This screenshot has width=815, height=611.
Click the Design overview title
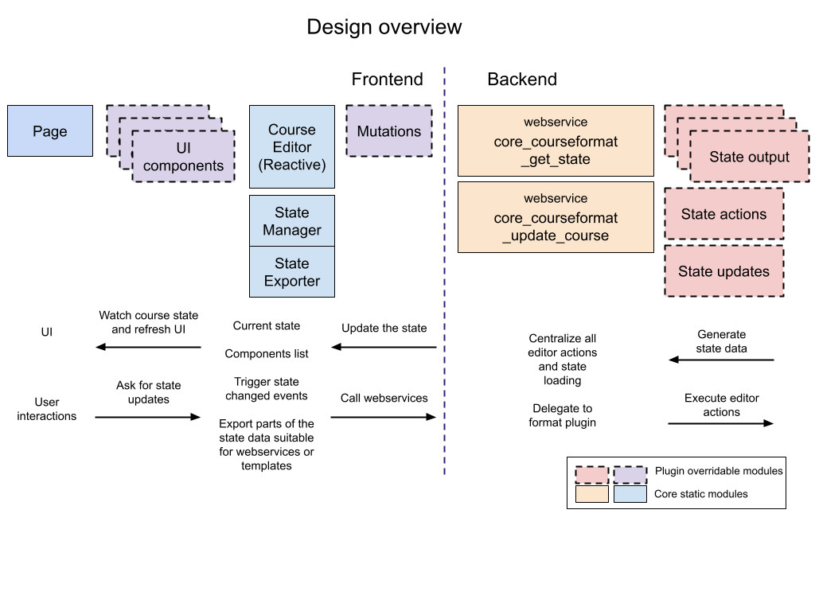click(x=384, y=27)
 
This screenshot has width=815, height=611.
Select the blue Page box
click(x=50, y=131)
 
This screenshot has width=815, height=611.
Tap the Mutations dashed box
click(x=388, y=131)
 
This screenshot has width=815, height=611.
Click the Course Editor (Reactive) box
click(x=291, y=147)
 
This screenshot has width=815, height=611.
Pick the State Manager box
click(x=291, y=221)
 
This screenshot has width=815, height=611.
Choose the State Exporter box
click(x=291, y=272)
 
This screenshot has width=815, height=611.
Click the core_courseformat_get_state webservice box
click(x=556, y=141)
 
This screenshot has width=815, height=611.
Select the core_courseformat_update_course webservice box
click(x=556, y=217)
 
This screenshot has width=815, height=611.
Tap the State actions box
click(x=723, y=214)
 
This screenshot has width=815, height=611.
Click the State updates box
click(x=723, y=271)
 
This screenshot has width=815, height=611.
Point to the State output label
click(x=749, y=157)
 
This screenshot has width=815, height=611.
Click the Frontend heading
click(x=387, y=79)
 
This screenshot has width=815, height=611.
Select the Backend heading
click(x=521, y=79)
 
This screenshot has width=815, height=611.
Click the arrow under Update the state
click(x=384, y=347)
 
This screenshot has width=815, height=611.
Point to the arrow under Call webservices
click(x=384, y=417)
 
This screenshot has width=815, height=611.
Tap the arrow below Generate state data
click(x=721, y=360)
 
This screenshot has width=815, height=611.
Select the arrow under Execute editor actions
click(x=721, y=423)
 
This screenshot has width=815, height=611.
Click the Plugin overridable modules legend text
click(x=718, y=471)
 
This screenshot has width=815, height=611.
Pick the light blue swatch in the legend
click(x=630, y=494)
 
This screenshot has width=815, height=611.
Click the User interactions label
click(x=47, y=409)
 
